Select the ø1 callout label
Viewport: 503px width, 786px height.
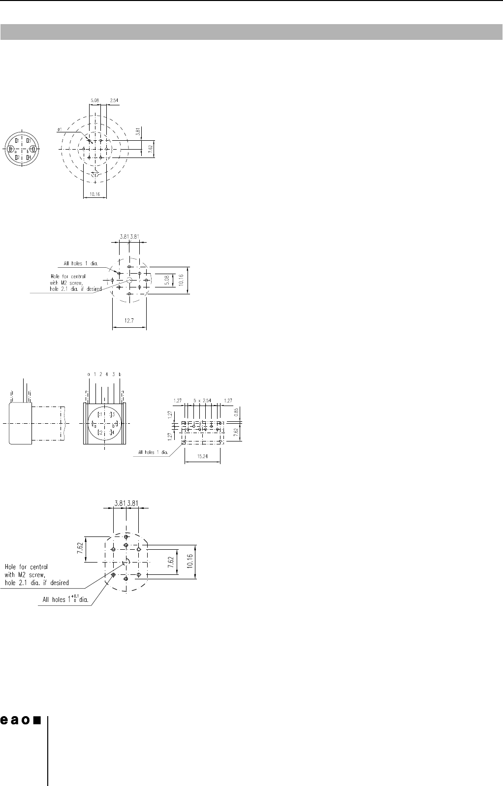point(59,129)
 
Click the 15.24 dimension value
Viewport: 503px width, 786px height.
point(202,456)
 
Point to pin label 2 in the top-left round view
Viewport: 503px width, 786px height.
point(17,157)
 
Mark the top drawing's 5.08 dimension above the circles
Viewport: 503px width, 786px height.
point(94,100)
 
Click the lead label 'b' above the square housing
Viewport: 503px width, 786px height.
point(120,375)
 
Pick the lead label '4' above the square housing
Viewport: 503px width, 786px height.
point(107,375)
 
